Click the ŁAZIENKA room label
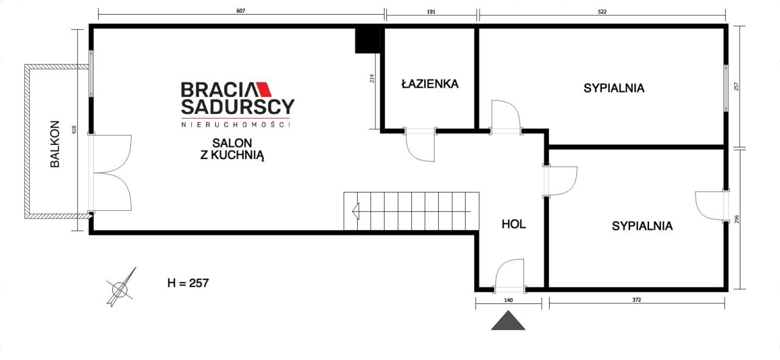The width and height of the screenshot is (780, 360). point(429,84)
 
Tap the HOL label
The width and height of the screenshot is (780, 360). point(513,224)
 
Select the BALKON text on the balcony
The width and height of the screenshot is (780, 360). point(55,143)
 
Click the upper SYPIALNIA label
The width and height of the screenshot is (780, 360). point(614,88)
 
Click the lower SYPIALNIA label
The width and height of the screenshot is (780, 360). point(642,226)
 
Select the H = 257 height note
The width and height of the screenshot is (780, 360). point(188,283)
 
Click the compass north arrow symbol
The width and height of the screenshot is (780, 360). point(121,288)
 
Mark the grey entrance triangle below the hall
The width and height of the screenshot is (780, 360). point(508,320)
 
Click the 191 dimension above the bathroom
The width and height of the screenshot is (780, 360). point(431,12)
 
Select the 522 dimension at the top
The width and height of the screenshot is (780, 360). point(602,12)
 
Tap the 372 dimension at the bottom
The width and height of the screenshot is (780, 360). point(637,300)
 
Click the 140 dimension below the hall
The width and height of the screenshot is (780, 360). point(508,300)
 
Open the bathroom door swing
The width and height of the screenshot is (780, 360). point(420,146)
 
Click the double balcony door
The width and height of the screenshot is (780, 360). point(111,173)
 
